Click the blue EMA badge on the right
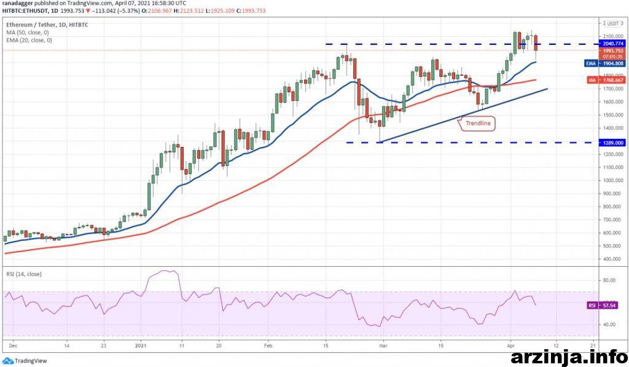tap(590, 63)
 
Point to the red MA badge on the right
tap(590, 80)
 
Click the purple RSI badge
tap(592, 304)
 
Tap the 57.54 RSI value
tap(609, 304)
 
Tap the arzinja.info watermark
tap(565, 355)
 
